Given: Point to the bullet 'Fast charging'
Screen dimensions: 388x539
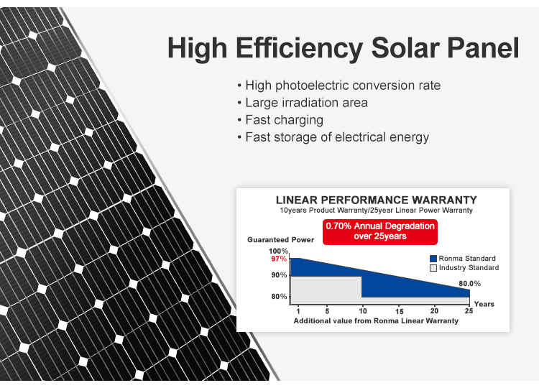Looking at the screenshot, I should point(284,120).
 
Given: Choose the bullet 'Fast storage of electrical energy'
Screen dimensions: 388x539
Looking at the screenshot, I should point(336,137).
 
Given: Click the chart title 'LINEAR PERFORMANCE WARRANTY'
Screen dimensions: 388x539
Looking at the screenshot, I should point(376,200).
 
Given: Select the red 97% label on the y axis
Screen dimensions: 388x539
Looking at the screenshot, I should point(279,259).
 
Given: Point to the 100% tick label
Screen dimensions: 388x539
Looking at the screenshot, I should point(279,251).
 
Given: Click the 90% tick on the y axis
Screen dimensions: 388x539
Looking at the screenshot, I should point(279,275).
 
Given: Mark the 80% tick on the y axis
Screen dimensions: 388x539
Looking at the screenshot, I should point(279,297).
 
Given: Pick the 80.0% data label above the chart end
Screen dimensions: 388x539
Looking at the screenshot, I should point(469,284).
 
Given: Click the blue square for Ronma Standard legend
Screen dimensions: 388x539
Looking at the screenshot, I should point(433,259).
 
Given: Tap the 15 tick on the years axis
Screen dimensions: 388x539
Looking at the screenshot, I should point(399,310).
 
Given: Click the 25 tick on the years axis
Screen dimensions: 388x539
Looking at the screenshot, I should point(469,310).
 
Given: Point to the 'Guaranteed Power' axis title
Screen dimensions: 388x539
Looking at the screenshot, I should point(281,239).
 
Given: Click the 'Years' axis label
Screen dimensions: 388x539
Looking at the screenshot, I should point(484,304).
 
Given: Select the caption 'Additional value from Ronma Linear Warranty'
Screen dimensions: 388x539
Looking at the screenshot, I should point(376,321).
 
